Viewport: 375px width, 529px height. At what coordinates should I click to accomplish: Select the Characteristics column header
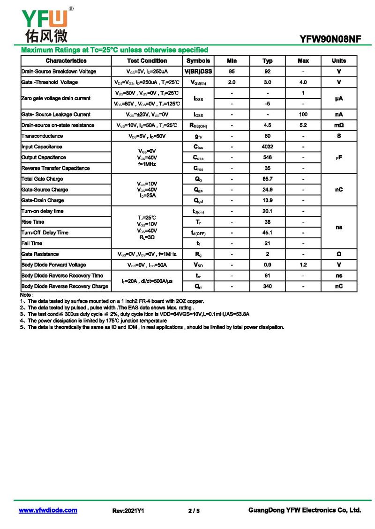66,61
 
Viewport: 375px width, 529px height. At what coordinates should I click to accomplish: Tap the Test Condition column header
147,61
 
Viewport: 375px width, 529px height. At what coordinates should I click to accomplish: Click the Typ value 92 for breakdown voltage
267,72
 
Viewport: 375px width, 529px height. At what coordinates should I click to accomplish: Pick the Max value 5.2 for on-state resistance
303,125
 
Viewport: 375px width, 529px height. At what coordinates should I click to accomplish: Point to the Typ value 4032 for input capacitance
267,147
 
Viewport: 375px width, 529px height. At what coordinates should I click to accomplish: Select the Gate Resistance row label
40,254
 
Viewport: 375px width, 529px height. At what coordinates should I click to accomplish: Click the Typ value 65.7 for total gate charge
267,179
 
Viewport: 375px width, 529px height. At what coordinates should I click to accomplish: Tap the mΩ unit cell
338,125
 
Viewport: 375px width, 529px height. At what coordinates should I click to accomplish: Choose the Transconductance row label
42,136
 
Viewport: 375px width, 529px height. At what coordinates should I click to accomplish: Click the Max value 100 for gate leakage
303,115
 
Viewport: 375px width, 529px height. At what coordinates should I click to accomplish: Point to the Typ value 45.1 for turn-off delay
267,233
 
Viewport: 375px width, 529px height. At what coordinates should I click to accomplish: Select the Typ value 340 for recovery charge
267,287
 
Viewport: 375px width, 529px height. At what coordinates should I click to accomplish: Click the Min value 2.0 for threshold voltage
232,82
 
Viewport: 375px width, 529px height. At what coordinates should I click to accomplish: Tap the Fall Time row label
32,243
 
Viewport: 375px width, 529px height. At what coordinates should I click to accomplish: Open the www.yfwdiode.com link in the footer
48,510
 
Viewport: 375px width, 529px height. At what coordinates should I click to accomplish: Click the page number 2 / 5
194,511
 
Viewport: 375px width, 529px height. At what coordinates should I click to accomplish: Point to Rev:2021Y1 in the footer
128,511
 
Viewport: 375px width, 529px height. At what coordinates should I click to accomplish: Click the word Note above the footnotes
27,295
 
